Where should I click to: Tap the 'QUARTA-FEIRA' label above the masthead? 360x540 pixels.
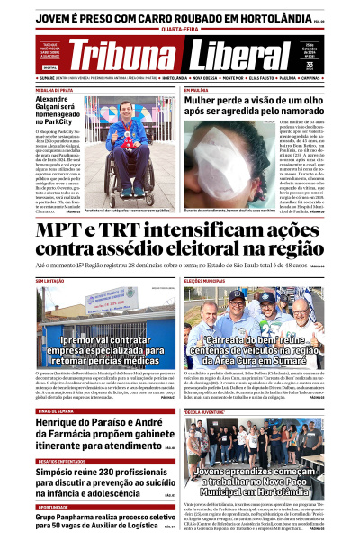coord(180,28)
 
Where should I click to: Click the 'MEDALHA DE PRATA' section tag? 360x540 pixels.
coord(54,91)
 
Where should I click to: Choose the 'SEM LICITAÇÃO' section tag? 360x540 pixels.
coord(52,281)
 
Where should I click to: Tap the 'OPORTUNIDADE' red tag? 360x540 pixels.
coord(54,506)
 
